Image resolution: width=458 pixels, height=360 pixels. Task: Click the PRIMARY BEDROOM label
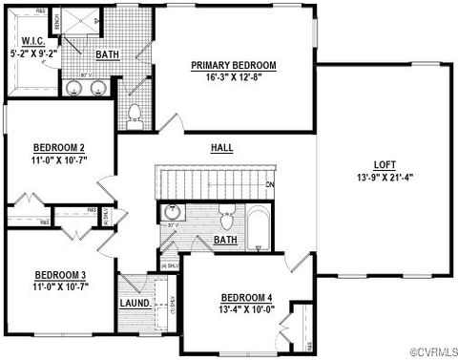(233, 65)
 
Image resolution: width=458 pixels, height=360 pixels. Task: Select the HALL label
(222, 148)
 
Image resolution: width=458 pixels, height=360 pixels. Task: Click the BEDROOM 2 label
(59, 147)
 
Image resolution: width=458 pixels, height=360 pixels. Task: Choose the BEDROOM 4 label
(246, 296)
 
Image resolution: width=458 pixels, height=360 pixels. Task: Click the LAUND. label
(135, 304)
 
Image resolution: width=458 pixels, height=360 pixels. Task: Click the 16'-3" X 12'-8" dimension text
(233, 77)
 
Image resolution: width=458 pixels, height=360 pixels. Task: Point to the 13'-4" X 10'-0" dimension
(246, 308)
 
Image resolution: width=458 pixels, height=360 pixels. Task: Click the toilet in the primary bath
(135, 115)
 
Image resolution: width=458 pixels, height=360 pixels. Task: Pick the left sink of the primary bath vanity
(76, 89)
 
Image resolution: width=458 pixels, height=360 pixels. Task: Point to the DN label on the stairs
(271, 183)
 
